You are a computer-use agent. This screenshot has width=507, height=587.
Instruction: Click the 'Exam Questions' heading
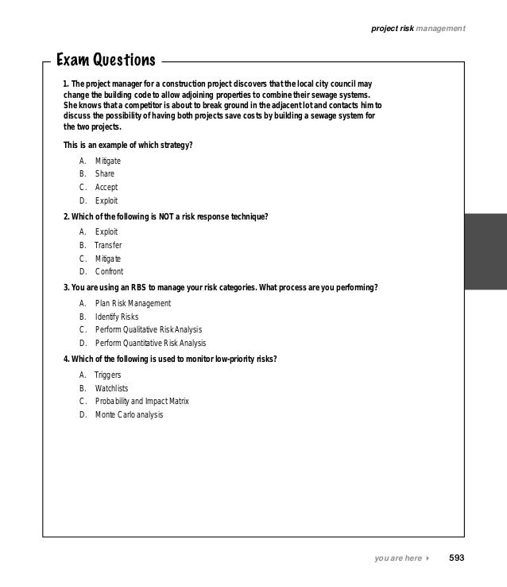(106, 60)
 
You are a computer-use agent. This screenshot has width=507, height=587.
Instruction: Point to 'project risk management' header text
(418, 29)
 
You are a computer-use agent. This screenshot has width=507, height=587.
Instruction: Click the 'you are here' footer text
(398, 558)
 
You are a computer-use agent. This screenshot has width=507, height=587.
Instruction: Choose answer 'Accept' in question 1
(106, 187)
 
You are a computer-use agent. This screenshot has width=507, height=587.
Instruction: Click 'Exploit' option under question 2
(106, 231)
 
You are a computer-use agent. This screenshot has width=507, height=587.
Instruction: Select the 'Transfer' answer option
(108, 245)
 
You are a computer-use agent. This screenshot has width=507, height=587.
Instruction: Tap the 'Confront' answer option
(109, 271)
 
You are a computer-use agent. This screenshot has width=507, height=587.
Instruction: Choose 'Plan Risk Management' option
(133, 303)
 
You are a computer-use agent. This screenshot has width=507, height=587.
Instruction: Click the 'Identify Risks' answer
(117, 317)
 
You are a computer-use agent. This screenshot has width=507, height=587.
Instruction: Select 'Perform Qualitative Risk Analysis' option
(149, 329)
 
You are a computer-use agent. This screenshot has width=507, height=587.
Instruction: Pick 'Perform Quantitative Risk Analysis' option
(150, 343)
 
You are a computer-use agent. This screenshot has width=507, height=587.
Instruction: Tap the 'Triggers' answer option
(108, 375)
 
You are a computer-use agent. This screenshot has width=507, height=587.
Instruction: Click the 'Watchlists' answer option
(111, 388)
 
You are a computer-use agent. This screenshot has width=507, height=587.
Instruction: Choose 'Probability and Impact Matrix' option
(142, 401)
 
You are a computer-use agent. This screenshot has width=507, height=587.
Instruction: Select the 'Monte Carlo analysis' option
(129, 414)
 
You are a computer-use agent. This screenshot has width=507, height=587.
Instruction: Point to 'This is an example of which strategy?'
(128, 145)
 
